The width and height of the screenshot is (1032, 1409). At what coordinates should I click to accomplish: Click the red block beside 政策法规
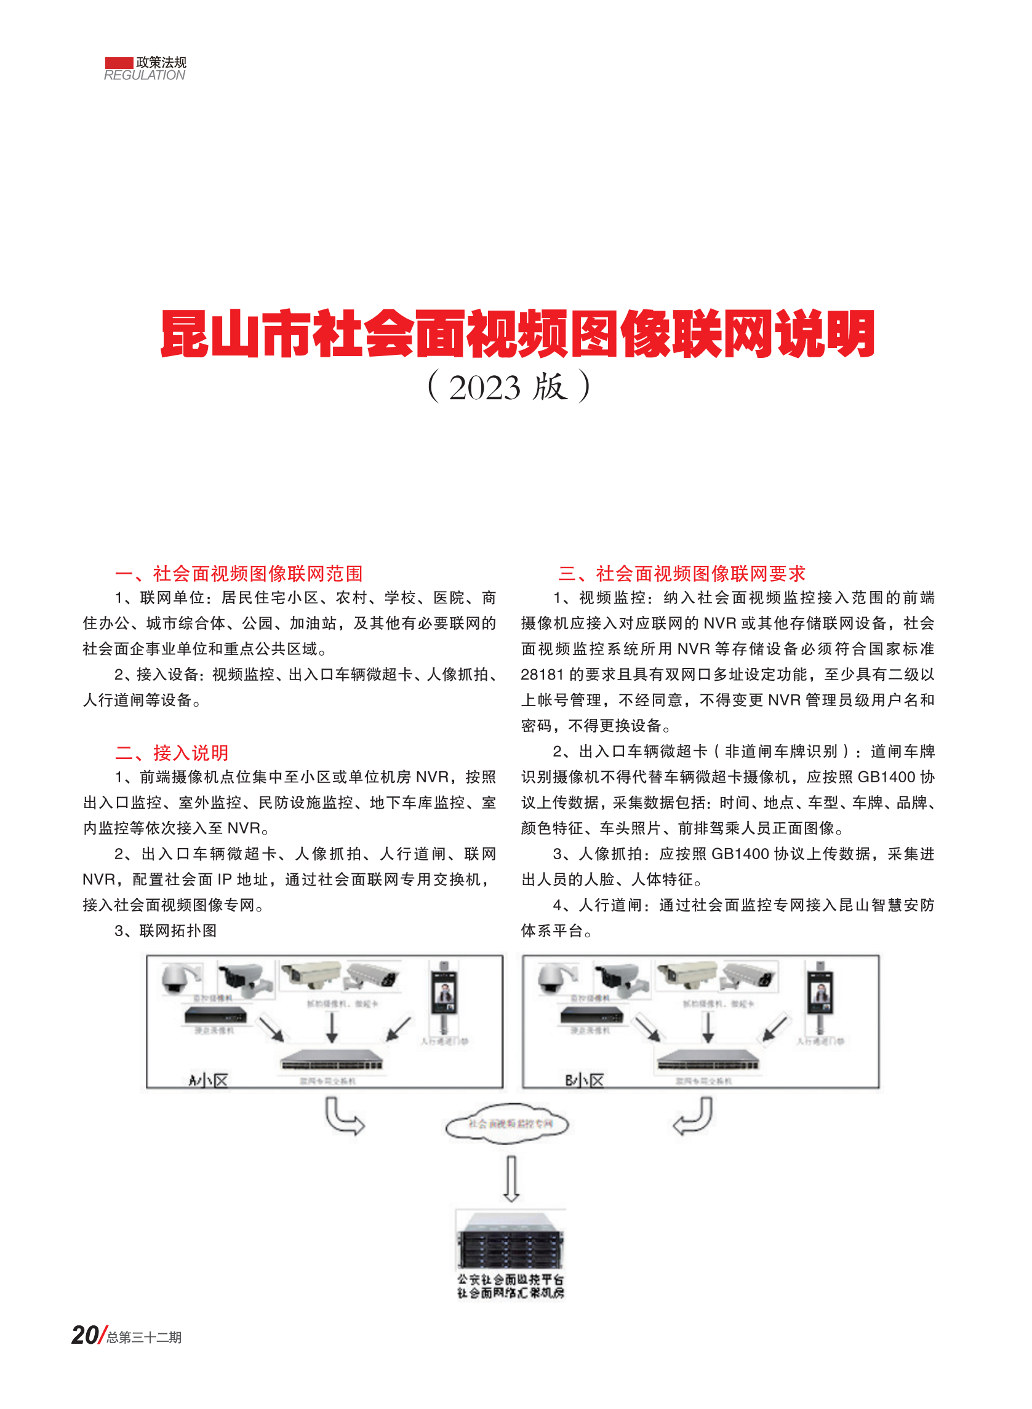pyautogui.click(x=119, y=63)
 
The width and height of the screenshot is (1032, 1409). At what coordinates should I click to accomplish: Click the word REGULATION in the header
pyautogui.click(x=144, y=76)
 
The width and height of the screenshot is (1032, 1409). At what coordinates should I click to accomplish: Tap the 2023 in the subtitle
pyautogui.click(x=484, y=387)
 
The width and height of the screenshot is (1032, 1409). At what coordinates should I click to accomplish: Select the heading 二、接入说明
pyautogui.click(x=172, y=752)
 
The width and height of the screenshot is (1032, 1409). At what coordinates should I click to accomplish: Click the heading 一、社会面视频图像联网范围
pyautogui.click(x=239, y=573)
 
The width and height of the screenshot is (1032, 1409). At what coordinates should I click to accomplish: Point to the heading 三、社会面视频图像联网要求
pyautogui.click(x=682, y=573)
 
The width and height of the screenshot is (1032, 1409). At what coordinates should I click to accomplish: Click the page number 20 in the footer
pyautogui.click(x=85, y=1335)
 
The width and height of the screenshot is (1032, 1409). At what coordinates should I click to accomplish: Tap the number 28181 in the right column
pyautogui.click(x=542, y=675)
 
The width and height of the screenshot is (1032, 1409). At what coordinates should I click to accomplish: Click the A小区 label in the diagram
pyautogui.click(x=209, y=1080)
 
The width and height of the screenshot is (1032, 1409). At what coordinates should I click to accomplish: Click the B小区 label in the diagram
pyautogui.click(x=585, y=1080)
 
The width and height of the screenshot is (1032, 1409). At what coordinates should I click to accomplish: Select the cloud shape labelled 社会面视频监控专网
pyautogui.click(x=507, y=1124)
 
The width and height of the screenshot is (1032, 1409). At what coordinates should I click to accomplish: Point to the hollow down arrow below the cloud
pyautogui.click(x=511, y=1178)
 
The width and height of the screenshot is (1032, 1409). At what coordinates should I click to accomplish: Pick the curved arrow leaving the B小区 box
pyautogui.click(x=694, y=1117)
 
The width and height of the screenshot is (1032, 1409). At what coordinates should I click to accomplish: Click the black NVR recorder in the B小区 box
pyautogui.click(x=591, y=1014)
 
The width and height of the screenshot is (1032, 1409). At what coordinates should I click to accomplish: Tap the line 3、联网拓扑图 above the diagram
pyautogui.click(x=166, y=931)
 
